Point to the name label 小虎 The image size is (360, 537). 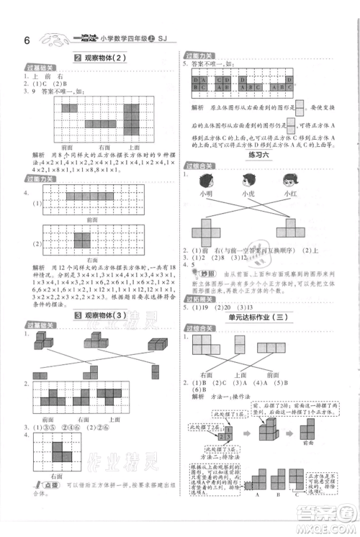point(248,193)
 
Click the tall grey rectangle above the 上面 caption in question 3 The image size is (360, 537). point(134,119)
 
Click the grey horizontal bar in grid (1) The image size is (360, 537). point(90,195)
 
